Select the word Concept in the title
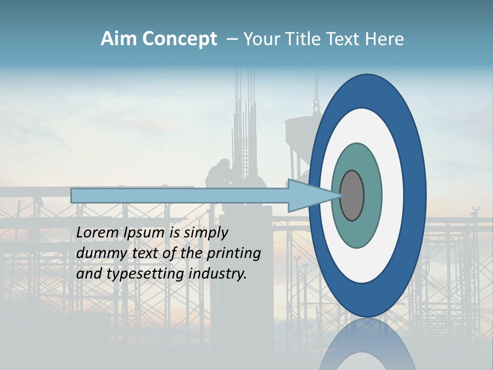coord(180,39)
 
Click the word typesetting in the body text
coord(146,274)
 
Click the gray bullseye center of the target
coord(352,195)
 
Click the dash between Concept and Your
coord(232,39)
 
